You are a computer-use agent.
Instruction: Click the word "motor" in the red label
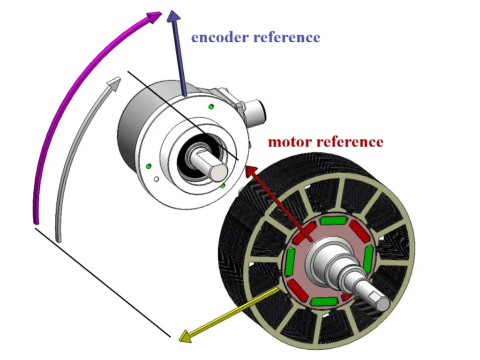289,141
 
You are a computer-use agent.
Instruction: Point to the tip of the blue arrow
172,12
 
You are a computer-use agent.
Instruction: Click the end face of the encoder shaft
219,172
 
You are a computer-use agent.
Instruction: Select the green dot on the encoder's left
149,166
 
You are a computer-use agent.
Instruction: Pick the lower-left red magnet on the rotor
297,291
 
